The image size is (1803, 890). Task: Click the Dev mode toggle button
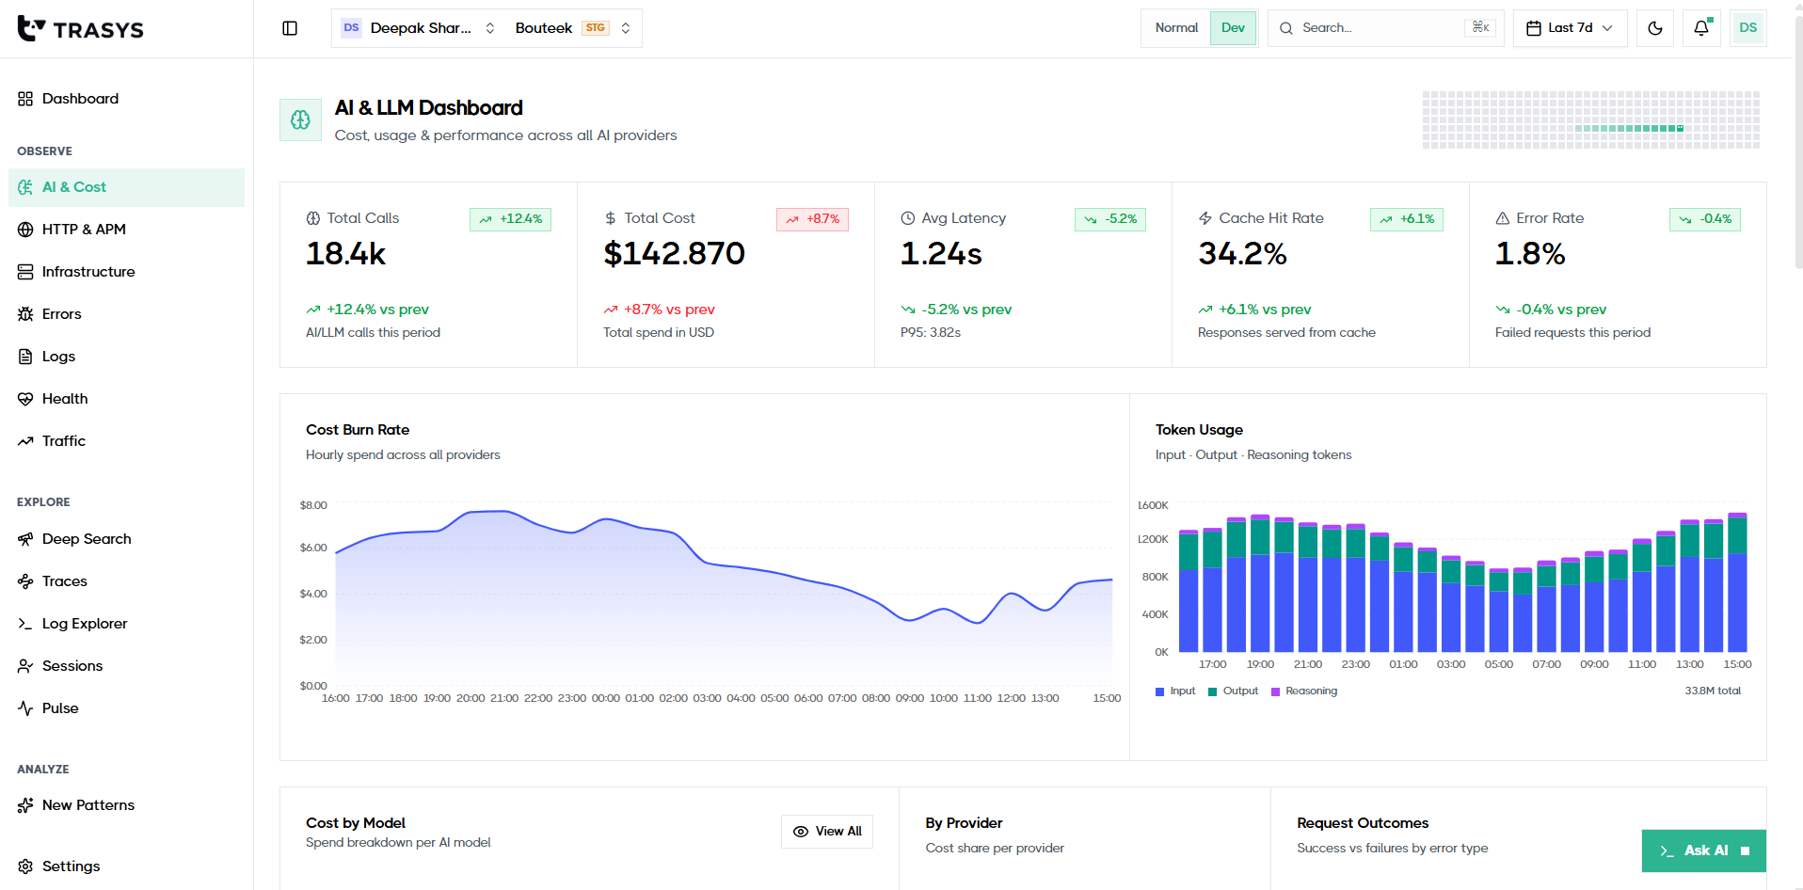coord(1233,28)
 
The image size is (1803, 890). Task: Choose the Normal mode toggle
coord(1176,28)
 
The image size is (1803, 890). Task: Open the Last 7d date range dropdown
coord(1570,28)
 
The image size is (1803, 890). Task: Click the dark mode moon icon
coord(1655,28)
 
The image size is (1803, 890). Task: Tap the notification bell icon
coord(1701,28)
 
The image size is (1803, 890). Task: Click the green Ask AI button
coord(1703,850)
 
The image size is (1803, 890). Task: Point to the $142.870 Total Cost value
coord(674,254)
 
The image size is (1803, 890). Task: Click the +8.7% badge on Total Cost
coord(813,219)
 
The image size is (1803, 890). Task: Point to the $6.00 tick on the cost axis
coord(313,548)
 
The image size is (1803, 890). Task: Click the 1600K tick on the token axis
coord(1153,505)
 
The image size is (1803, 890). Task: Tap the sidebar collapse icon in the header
coord(290,28)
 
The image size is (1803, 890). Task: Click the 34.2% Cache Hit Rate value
coord(1242,254)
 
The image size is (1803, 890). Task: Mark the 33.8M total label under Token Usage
coord(1713,691)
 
